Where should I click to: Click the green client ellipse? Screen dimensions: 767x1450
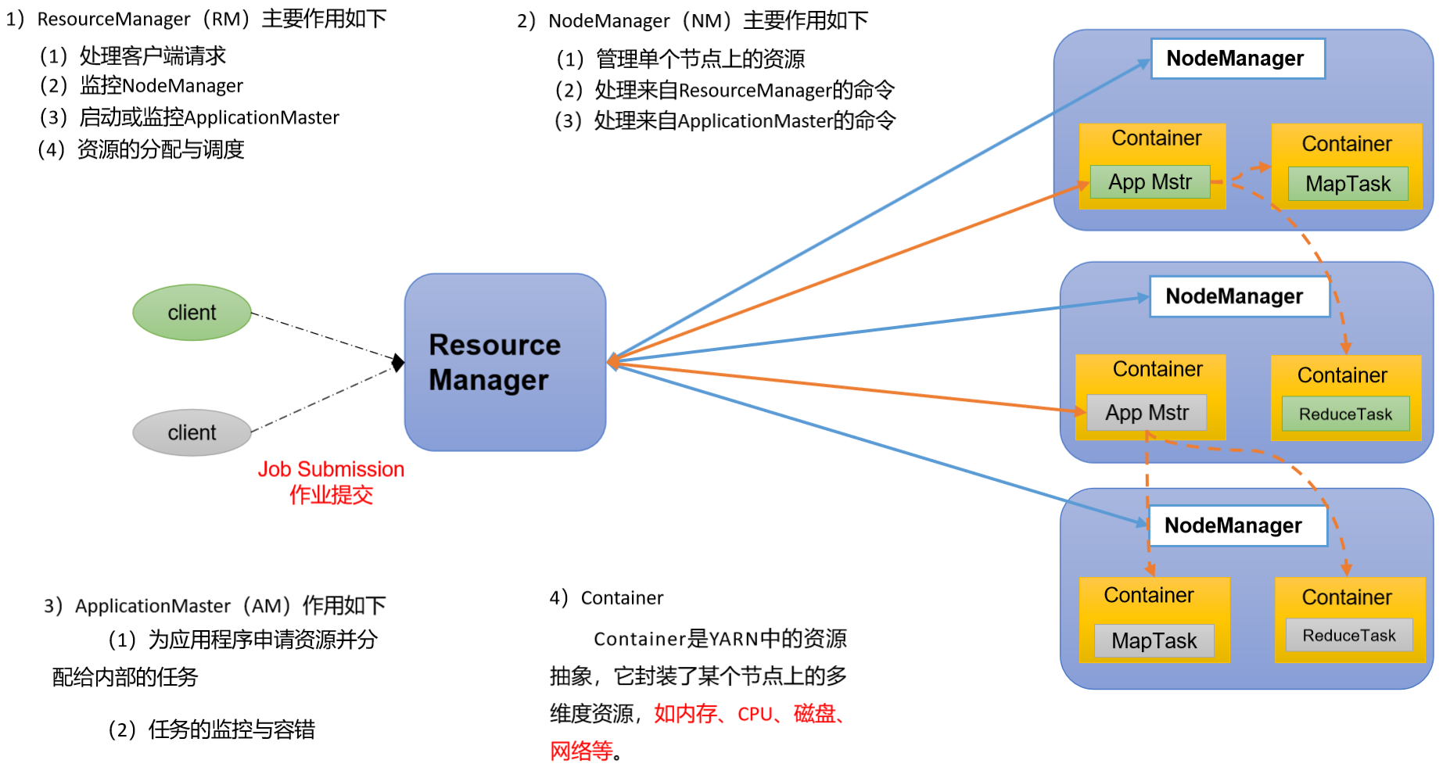(192, 313)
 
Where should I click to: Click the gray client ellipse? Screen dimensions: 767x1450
(192, 432)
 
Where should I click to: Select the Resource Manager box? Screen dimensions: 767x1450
(504, 362)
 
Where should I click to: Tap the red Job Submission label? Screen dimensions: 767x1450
(331, 469)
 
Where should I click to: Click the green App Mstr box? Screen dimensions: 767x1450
(1149, 182)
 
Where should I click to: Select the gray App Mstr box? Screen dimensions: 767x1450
(1147, 413)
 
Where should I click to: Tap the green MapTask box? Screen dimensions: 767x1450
(1348, 184)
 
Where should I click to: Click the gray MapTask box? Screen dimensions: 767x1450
(1154, 641)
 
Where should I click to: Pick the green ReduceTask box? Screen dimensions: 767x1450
(1345, 414)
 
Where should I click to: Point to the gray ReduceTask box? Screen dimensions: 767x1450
(1348, 636)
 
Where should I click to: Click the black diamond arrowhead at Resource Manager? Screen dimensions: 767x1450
(398, 363)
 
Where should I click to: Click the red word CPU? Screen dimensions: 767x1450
(755, 715)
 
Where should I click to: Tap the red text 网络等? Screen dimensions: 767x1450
(581, 751)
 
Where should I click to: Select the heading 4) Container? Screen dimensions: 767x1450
(606, 598)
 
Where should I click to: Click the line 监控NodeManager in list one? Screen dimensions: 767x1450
(161, 86)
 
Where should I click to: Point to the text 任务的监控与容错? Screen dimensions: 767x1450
(231, 730)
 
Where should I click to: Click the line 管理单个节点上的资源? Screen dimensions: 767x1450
(700, 59)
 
